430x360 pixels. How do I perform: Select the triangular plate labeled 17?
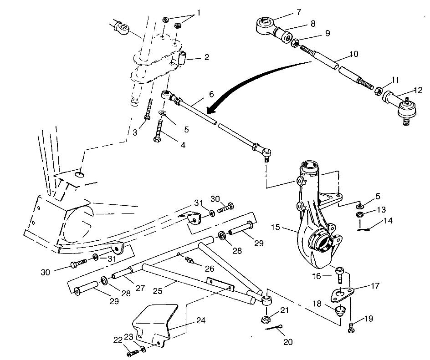340,294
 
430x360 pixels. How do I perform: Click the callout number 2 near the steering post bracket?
207,57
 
